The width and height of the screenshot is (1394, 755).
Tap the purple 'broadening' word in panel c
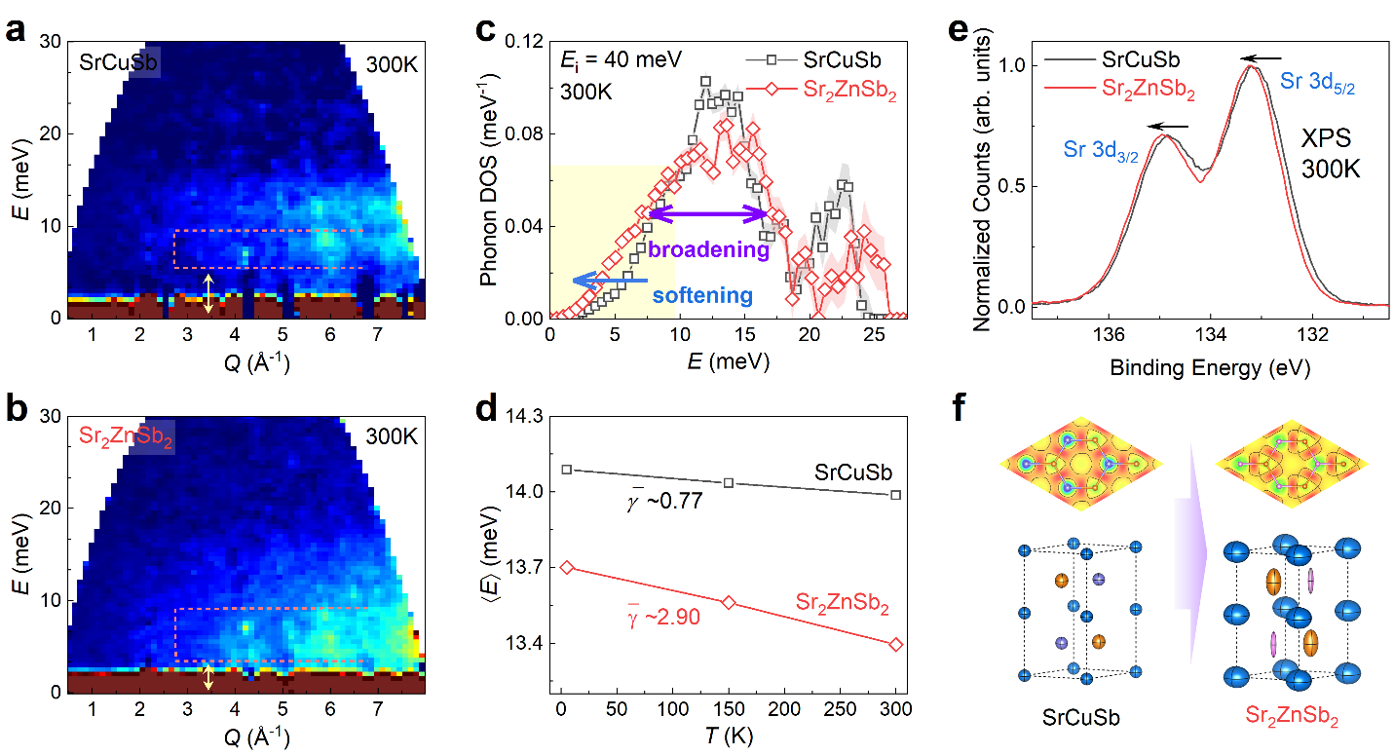[x=708, y=250]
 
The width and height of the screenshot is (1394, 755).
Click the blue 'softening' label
[x=701, y=295]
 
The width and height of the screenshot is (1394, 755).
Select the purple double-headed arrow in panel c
[x=708, y=211]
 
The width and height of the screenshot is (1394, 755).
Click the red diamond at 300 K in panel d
[x=896, y=644]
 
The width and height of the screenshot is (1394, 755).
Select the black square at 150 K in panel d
[x=729, y=482]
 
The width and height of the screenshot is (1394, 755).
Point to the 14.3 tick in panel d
[x=526, y=415]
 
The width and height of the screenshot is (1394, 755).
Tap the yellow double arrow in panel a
[x=207, y=294]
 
